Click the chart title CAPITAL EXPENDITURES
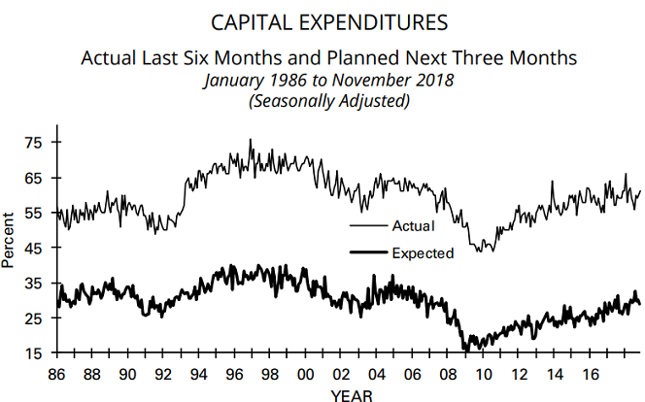click(322, 21)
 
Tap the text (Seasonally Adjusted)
click(322, 99)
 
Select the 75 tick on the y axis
click(33, 143)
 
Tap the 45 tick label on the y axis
click(33, 248)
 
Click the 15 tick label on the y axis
click(33, 352)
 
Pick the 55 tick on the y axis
click(33, 213)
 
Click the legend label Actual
click(412, 226)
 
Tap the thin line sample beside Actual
click(366, 226)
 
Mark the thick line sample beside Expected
click(366, 253)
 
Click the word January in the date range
click(234, 80)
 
